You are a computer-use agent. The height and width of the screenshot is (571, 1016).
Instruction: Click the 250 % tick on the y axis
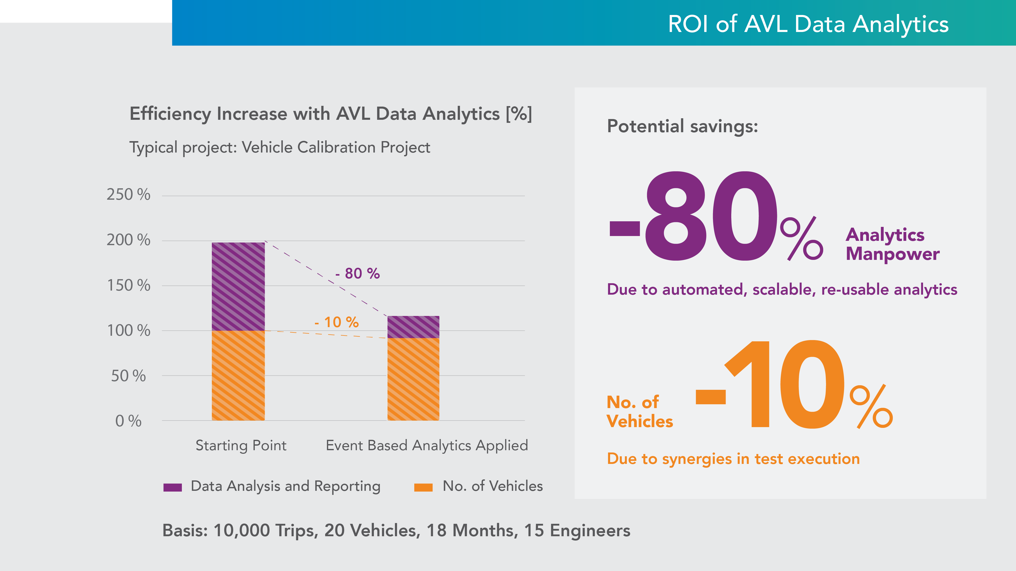[x=128, y=195]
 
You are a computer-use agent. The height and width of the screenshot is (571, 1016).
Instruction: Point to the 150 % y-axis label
[x=128, y=285]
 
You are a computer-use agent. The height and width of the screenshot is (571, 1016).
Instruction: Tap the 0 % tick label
[x=128, y=421]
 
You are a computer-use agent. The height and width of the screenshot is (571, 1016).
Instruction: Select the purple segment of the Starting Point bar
[x=238, y=287]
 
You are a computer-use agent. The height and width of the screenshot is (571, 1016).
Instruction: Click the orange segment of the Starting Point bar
[x=238, y=376]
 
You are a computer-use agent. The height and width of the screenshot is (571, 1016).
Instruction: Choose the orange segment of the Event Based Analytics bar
[x=413, y=379]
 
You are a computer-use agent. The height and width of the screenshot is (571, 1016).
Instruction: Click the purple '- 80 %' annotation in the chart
[x=358, y=274]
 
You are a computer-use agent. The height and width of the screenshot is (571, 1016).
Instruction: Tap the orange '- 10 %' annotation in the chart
[x=337, y=322]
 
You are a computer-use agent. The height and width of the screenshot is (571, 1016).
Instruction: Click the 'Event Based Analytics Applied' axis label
[x=427, y=445]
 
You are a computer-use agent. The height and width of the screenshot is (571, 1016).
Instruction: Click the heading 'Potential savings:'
[x=682, y=126]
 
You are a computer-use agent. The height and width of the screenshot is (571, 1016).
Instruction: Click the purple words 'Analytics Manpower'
[x=892, y=244]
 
